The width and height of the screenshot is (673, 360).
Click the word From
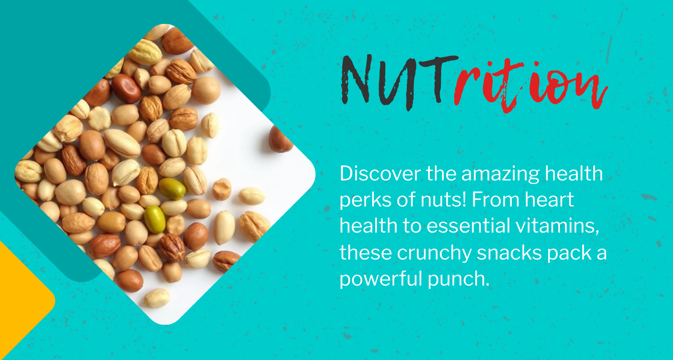pyautogui.click(x=495, y=199)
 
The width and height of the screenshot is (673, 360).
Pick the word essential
pyautogui.click(x=468, y=226)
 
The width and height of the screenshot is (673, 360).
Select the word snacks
pyautogui.click(x=509, y=252)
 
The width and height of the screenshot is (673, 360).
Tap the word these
pyautogui.click(x=366, y=252)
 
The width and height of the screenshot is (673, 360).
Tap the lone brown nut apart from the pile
pyautogui.click(x=280, y=139)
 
